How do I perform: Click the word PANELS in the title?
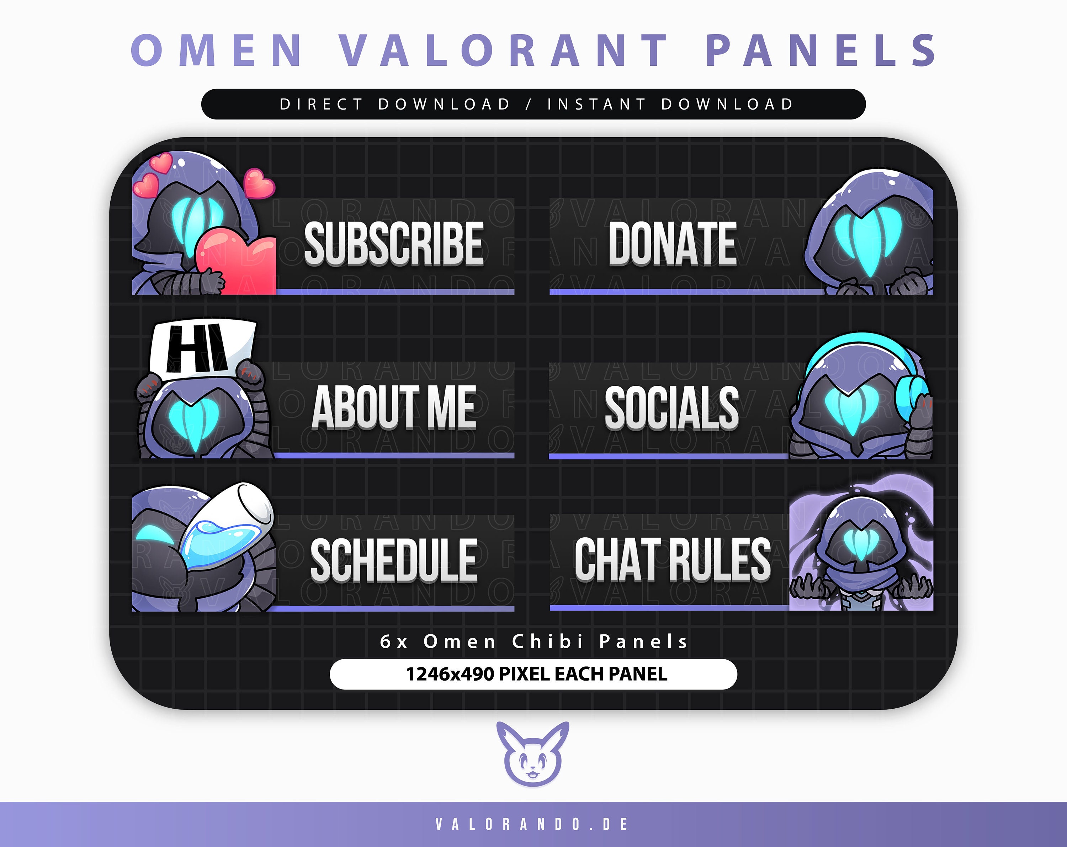point(821,50)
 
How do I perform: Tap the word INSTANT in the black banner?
point(596,105)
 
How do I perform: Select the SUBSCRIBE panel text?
point(393,244)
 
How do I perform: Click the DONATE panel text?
point(672,244)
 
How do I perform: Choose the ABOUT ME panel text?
point(393,407)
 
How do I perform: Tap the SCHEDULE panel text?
point(393,560)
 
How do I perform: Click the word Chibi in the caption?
point(548,642)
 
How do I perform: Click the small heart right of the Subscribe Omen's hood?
point(258,184)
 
